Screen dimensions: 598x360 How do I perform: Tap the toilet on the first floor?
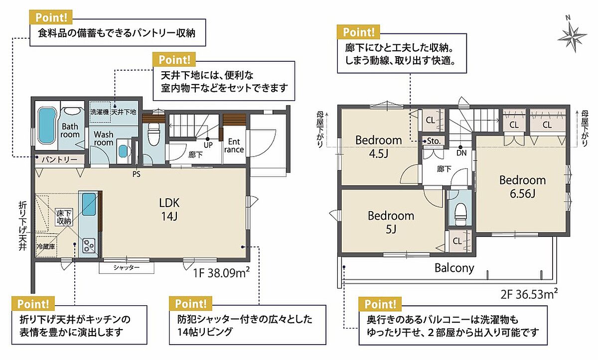pyautogui.click(x=153, y=134)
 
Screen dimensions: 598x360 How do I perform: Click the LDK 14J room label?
pyautogui.click(x=169, y=210)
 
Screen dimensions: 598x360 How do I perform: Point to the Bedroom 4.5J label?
pyautogui.click(x=379, y=147)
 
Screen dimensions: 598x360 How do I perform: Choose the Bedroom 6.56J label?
pyautogui.click(x=522, y=187)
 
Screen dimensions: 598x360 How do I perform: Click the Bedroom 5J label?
pyautogui.click(x=391, y=223)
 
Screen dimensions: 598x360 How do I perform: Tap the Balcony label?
pyautogui.click(x=454, y=268)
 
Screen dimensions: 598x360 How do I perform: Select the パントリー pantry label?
pyautogui.click(x=59, y=160)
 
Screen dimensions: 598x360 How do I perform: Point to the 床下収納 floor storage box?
pyautogui.click(x=64, y=217)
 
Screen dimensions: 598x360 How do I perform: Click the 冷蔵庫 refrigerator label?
pyautogui.click(x=46, y=246)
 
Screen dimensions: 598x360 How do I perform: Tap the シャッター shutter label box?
pyautogui.click(x=127, y=267)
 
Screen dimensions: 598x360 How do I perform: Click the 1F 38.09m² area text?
pyautogui.click(x=221, y=272)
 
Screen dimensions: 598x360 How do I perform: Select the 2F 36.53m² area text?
pyautogui.click(x=529, y=294)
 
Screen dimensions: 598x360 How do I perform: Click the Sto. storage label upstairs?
pyautogui.click(x=434, y=141)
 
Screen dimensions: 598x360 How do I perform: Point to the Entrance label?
pyautogui.click(x=234, y=145)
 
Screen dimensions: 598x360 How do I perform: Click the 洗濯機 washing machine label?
pyautogui.click(x=99, y=112)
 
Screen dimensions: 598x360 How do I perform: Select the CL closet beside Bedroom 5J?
pyautogui.click(x=460, y=241)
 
